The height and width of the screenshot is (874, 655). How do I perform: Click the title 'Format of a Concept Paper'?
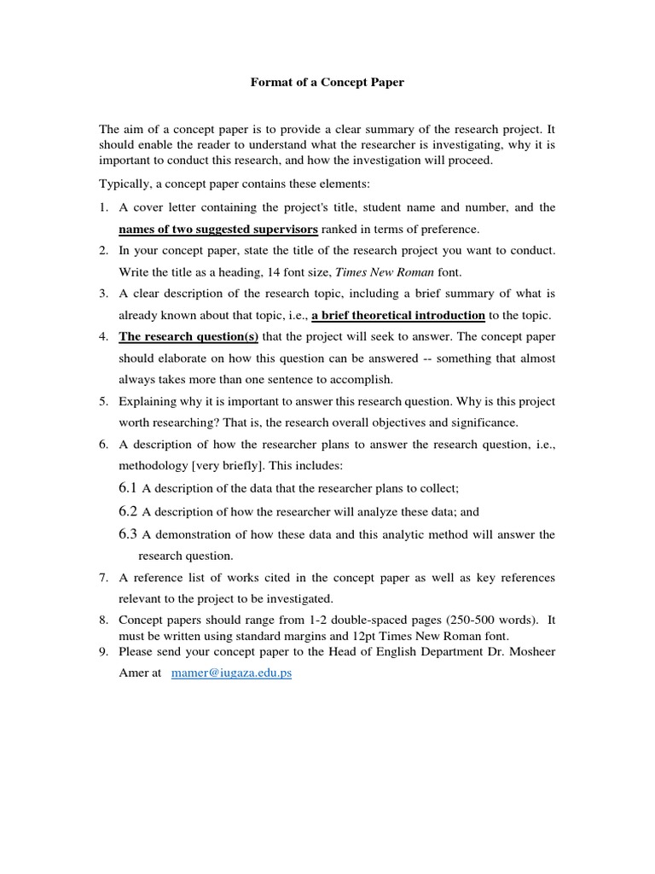327,83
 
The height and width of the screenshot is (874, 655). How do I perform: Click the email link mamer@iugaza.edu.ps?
232,673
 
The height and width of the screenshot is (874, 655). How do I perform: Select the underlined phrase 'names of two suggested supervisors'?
218,229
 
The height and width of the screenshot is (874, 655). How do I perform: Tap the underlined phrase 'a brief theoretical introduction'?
398,315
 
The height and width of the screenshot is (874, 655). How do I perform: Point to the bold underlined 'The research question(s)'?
188,336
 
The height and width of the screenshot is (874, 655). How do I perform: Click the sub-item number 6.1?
128,488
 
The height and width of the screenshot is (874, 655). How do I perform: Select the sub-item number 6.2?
128,511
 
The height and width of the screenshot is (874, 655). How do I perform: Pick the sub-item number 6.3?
128,534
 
